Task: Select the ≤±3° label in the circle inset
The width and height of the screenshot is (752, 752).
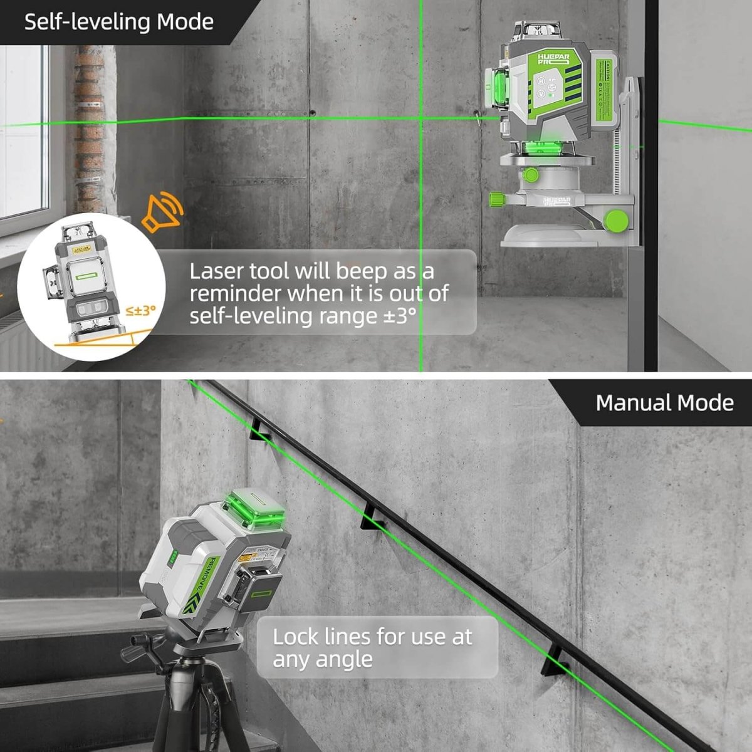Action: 140,310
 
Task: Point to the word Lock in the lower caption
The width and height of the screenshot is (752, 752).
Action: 296,637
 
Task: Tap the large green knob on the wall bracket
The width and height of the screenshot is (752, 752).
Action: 617,219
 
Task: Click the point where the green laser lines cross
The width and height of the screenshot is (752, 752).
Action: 420,117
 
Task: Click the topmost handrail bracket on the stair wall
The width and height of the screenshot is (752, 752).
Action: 259,429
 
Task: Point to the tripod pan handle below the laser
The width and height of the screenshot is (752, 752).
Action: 140,645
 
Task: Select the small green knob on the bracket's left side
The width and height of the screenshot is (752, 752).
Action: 497,199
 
